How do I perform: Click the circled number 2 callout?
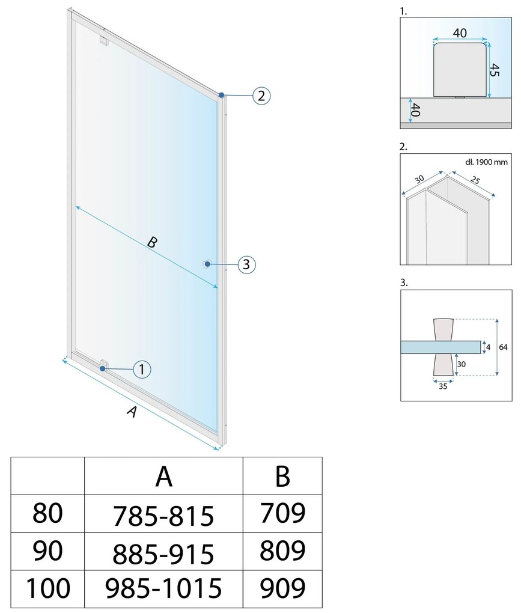261,96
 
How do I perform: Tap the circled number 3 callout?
246,264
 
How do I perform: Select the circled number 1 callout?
142,369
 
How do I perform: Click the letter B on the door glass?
153,242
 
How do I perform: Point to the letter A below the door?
132,412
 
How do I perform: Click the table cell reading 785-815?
163,516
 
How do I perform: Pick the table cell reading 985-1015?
163,588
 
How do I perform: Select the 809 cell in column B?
282,550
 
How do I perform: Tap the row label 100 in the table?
47,588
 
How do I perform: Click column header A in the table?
164,477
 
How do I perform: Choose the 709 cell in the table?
282,513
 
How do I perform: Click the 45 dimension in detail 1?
495,70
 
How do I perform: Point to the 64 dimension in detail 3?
503,347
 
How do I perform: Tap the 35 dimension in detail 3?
443,386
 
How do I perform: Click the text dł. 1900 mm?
486,162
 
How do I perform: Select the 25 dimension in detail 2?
475,180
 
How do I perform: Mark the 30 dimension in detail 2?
419,180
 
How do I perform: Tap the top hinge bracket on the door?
103,40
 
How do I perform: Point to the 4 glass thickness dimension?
488,347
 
